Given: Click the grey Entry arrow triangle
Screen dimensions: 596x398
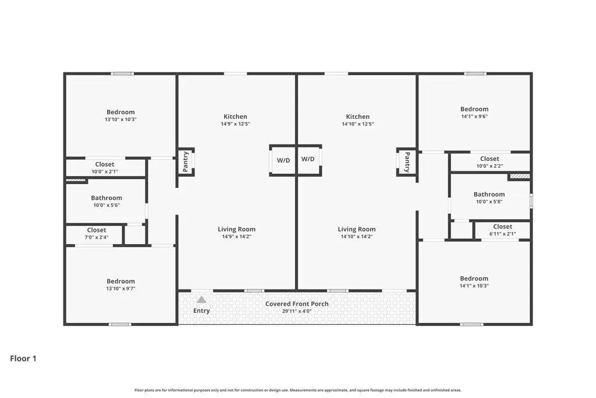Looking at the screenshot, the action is [201, 300].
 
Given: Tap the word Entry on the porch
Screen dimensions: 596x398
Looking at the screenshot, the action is [201, 311].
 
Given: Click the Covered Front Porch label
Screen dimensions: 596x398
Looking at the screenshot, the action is [297, 304].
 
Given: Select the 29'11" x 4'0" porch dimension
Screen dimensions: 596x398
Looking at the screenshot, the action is [297, 311].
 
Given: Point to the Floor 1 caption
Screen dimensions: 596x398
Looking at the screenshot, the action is [23, 358].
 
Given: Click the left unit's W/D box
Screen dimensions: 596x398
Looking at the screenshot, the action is [283, 160].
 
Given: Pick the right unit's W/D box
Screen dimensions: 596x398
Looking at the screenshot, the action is [308, 159].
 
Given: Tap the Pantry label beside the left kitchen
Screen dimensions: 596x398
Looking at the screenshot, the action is [186, 162].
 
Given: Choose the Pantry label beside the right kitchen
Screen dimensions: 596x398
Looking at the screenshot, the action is [407, 162].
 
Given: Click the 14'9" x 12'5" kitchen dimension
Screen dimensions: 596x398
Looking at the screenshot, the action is [235, 124].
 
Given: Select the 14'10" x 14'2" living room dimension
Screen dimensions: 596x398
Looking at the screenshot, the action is [357, 237].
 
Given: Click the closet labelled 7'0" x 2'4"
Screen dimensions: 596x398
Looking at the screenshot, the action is [97, 234].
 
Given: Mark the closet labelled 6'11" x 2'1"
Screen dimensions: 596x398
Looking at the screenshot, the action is [502, 230].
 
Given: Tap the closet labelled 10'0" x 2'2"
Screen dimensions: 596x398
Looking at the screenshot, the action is [489, 162].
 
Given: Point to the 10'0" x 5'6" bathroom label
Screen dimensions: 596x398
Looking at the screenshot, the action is [107, 201].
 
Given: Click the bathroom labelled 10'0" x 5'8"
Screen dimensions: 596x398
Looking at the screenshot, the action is [489, 198].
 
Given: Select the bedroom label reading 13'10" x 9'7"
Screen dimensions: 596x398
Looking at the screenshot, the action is [120, 284].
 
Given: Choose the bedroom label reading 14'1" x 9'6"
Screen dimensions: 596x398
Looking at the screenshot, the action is [474, 112].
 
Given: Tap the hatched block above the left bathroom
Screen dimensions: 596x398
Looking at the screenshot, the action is [76, 181].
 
